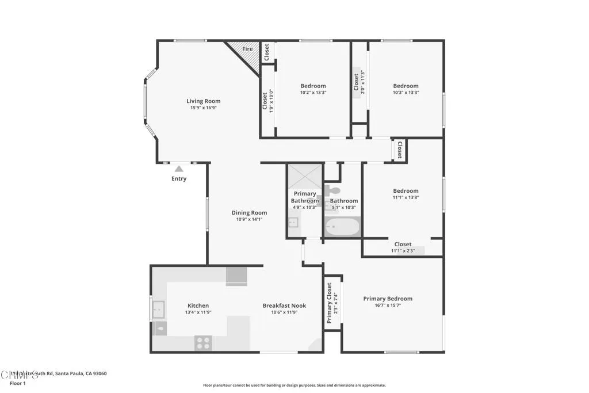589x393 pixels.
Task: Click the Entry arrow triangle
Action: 179,169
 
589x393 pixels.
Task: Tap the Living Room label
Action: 203,101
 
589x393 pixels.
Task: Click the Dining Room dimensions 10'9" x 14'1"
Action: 249,219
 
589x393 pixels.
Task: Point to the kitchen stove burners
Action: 203,343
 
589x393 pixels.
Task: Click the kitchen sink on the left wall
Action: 158,310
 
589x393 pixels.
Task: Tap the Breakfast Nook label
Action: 284,306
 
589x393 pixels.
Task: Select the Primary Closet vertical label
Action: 330,303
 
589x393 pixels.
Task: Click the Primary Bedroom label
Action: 388,299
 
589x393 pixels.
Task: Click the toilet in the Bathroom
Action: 334,190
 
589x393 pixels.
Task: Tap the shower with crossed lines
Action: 304,176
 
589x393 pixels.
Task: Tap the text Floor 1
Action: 18,383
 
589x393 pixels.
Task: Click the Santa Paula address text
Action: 58,373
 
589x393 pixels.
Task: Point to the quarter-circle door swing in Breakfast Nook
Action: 315,345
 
